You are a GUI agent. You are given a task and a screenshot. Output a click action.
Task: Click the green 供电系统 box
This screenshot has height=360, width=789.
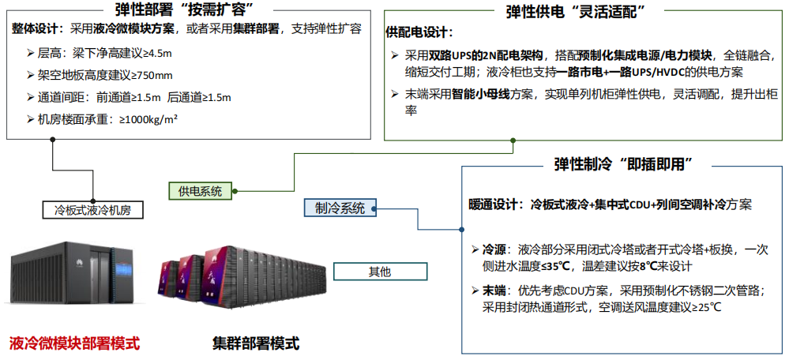click(200, 190)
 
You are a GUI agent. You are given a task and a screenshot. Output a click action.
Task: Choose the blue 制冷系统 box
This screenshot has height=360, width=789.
click(340, 208)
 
